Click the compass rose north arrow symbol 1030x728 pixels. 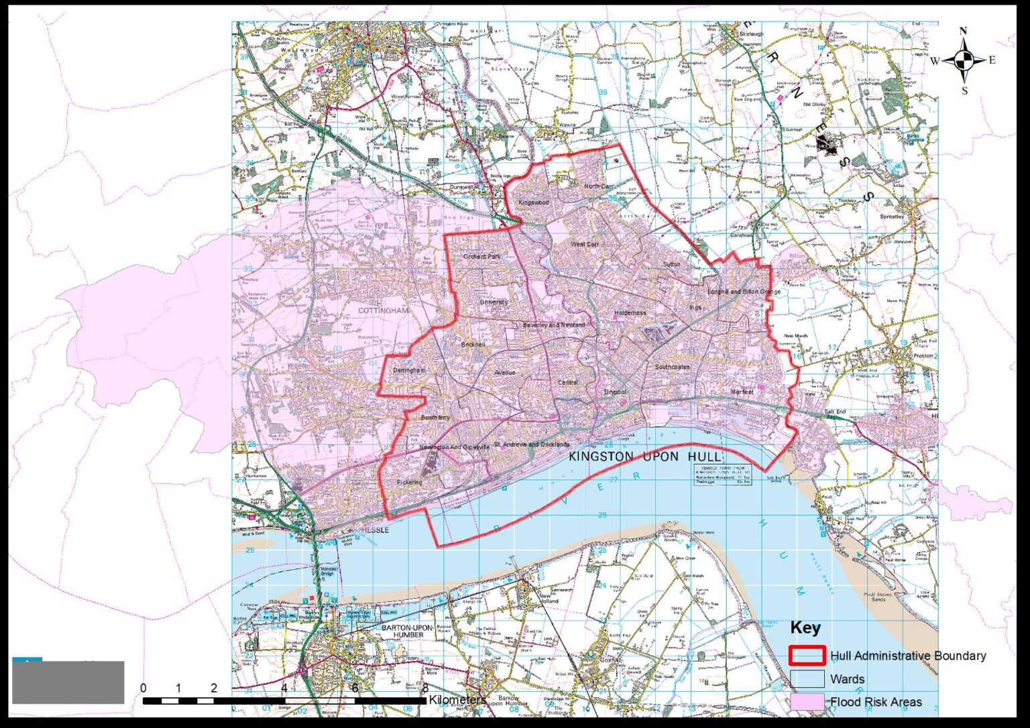pos(964,60)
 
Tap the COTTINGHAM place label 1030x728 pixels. pos(384,311)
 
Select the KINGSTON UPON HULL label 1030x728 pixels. pos(645,457)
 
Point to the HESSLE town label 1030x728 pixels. pos(375,530)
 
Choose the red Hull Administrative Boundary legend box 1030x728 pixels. pos(807,656)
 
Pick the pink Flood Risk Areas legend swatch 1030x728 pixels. pos(807,702)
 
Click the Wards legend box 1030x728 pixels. pos(807,679)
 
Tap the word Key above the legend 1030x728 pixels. pos(805,628)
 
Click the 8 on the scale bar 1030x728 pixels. pos(425,688)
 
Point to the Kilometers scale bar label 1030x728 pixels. pos(457,700)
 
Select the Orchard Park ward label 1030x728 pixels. pos(481,257)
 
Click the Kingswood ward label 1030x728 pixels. pos(534,202)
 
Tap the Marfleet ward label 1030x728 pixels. pos(742,391)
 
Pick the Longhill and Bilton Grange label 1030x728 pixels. pos(744,292)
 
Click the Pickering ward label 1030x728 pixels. pos(409,482)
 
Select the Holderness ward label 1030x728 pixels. pos(630,313)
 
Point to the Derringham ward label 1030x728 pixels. pos(408,371)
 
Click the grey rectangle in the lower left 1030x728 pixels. pos(68,682)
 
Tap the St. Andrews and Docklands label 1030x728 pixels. pos(532,444)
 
